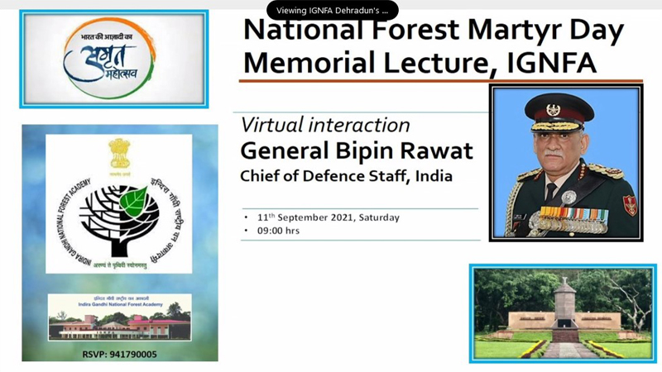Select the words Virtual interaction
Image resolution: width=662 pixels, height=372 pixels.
(324, 125)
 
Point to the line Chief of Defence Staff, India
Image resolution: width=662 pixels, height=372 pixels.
(346, 176)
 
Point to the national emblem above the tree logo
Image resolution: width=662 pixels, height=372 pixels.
(119, 154)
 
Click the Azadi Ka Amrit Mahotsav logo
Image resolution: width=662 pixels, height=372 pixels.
(113, 58)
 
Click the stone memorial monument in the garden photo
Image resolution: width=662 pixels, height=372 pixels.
(563, 310)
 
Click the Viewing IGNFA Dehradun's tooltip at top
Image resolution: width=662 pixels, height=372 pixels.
(332, 11)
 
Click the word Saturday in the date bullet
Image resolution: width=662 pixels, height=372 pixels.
(377, 217)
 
